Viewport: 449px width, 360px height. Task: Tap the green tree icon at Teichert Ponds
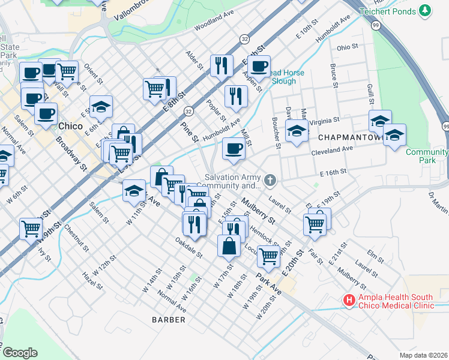pos(425,11)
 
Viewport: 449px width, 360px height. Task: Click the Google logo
pos(20,353)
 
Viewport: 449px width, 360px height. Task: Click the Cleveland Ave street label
pos(331,152)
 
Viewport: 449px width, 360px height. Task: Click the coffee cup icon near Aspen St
pos(259,67)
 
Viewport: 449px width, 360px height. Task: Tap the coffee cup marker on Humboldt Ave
pos(234,148)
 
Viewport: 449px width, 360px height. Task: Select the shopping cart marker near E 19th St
pos(315,224)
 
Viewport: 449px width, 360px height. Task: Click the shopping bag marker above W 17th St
pos(229,245)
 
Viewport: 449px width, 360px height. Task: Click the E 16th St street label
pos(335,173)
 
